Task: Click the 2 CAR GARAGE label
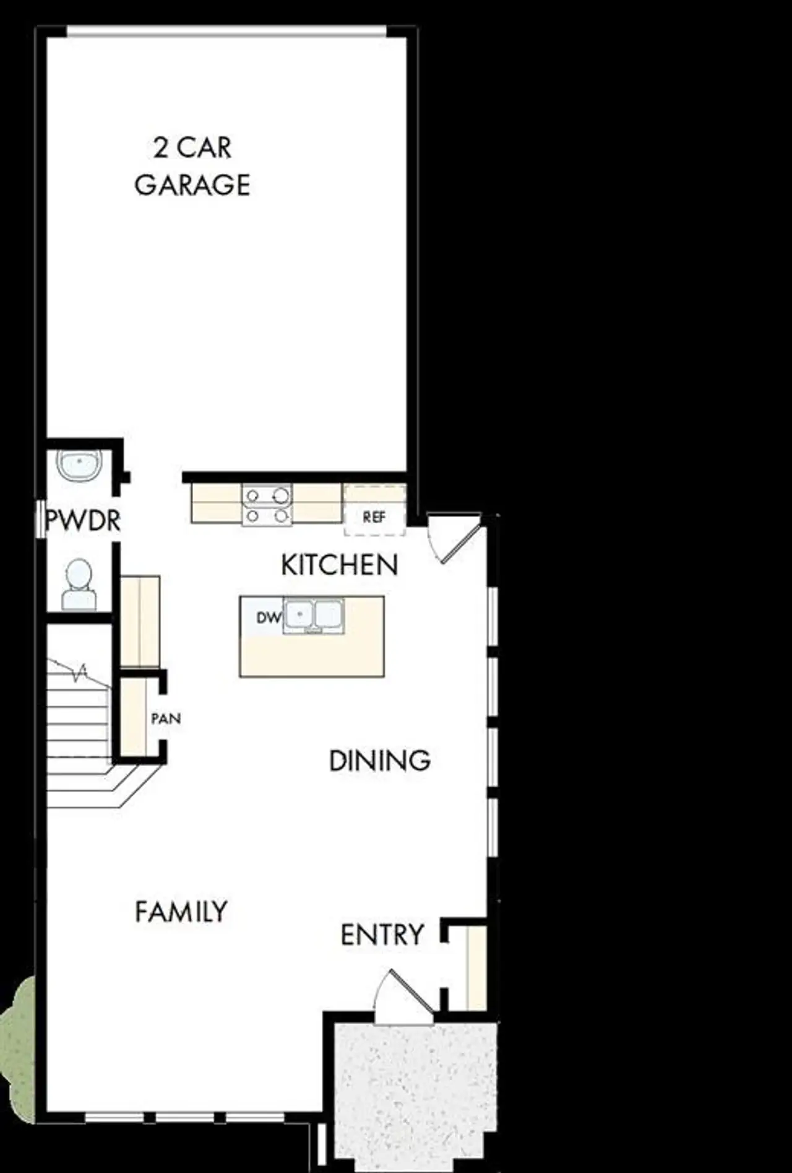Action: (x=192, y=166)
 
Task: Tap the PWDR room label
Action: (x=83, y=521)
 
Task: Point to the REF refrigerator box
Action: (x=374, y=516)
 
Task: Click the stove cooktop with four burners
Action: (x=267, y=505)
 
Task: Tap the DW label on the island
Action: (x=269, y=617)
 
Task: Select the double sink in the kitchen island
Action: (x=314, y=616)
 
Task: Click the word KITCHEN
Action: (x=339, y=565)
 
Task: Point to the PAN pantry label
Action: (x=166, y=718)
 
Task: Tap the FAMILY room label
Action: (x=181, y=912)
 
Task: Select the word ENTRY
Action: (x=382, y=935)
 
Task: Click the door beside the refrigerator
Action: (x=453, y=538)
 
